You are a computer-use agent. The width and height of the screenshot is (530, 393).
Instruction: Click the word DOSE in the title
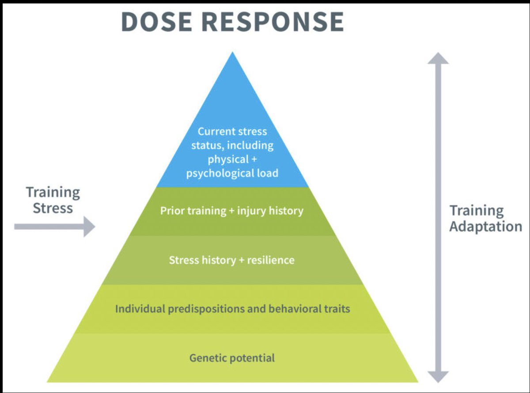tap(156, 22)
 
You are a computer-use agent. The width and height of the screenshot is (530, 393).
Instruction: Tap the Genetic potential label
tap(232, 358)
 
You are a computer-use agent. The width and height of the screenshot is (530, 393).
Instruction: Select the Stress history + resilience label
tap(232, 260)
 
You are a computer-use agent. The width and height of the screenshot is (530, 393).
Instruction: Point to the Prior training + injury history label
tap(232, 211)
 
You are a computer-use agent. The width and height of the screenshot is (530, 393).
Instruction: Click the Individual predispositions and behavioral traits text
tap(232, 309)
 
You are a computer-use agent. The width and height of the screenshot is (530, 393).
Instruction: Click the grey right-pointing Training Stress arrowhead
tap(89, 227)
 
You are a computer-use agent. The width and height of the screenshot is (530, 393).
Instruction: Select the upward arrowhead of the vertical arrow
tap(438, 59)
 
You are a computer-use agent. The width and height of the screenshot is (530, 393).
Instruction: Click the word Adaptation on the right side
tap(485, 226)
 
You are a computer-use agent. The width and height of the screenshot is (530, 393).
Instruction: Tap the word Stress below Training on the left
tap(53, 208)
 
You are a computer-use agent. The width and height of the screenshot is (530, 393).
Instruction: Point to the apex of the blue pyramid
tap(232, 52)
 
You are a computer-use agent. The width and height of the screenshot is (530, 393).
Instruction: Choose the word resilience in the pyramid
tap(271, 260)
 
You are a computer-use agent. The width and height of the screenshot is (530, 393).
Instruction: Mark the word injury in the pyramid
tap(251, 211)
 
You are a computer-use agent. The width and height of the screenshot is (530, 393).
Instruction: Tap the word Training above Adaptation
tap(477, 211)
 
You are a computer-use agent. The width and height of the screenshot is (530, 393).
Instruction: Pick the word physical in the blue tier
tap(228, 159)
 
